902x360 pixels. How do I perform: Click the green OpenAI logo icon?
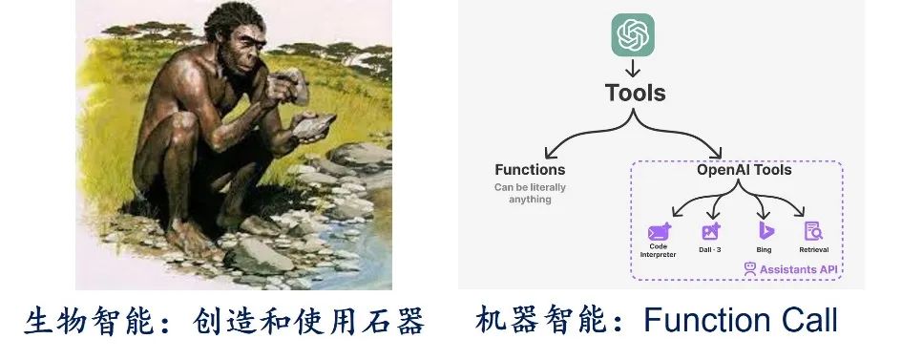[x=633, y=34]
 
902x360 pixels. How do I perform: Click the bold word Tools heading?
[x=635, y=93]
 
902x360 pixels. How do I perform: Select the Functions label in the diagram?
[x=530, y=170]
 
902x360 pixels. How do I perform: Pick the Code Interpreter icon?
[x=659, y=231]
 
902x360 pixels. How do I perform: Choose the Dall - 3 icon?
[x=710, y=231]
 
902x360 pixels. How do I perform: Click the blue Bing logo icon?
[x=763, y=231]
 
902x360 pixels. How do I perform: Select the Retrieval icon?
[x=813, y=231]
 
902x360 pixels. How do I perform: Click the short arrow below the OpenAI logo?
[x=633, y=69]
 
